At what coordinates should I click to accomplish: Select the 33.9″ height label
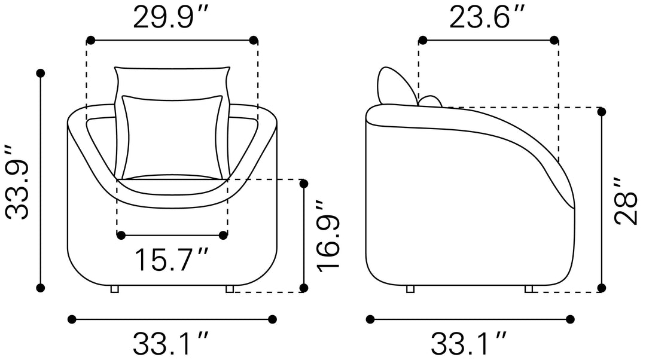click(x=18, y=182)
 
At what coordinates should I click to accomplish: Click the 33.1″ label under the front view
click(x=170, y=343)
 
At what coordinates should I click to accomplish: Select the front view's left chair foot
click(x=114, y=289)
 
